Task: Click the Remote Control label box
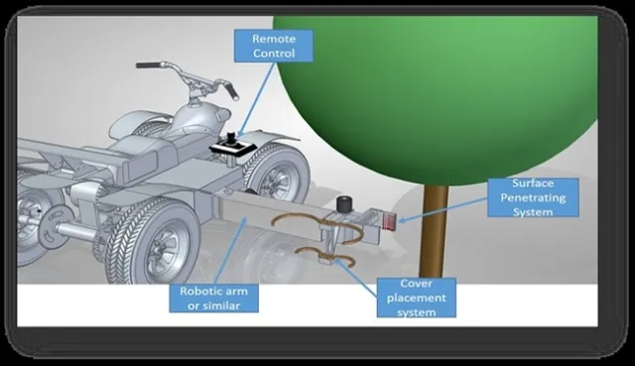pos(274,46)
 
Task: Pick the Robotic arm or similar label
pos(219,297)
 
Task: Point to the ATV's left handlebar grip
pos(149,65)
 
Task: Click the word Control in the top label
pos(274,54)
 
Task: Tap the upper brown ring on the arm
pos(297,219)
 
